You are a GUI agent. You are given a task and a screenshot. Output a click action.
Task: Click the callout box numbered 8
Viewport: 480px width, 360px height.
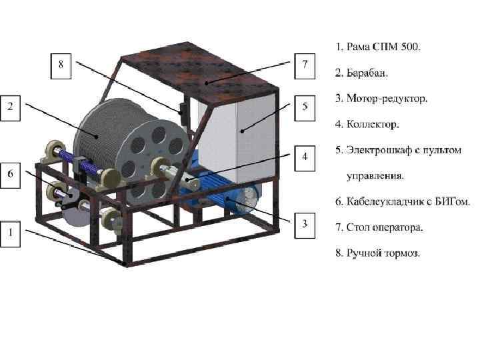[61, 65]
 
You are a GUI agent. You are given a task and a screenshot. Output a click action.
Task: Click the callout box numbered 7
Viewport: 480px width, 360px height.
[305, 65]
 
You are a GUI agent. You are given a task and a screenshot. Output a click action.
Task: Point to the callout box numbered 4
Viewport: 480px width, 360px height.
[305, 158]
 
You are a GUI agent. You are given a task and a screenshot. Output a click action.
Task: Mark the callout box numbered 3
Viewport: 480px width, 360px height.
[305, 223]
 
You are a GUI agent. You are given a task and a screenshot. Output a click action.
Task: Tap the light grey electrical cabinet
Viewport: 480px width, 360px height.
[240, 140]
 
